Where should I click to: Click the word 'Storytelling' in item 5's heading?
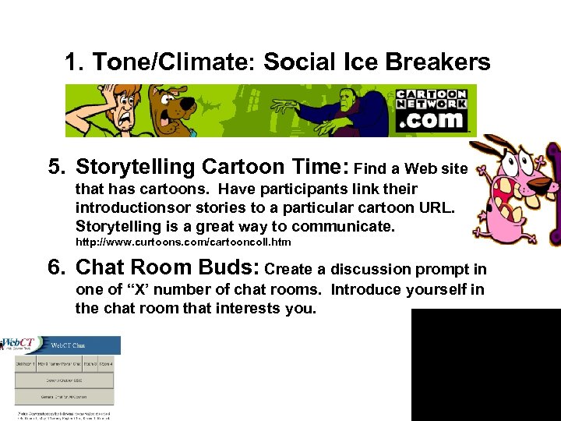(x=136, y=167)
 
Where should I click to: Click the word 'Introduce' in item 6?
(x=371, y=289)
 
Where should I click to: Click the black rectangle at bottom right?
(x=485, y=364)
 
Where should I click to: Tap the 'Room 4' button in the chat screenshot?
(x=106, y=363)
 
